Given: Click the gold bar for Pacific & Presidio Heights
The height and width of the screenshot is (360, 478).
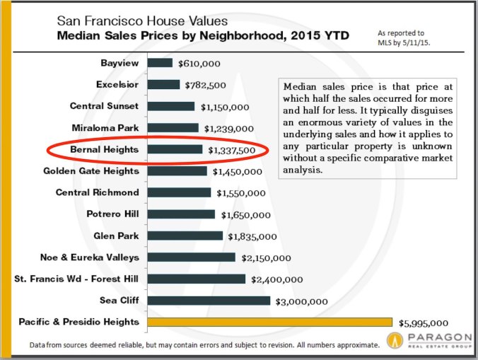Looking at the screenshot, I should click(x=270, y=322).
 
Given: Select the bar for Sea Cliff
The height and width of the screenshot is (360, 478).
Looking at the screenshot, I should click(x=209, y=301).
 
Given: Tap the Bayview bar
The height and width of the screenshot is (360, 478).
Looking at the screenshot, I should click(x=161, y=63).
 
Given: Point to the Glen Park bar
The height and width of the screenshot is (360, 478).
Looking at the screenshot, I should click(x=185, y=236).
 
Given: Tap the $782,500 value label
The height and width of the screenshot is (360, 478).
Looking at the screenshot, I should click(x=206, y=85).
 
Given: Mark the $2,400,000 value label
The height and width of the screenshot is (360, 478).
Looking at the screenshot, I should click(x=277, y=279).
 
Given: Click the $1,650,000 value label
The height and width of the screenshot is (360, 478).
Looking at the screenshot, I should click(x=243, y=214).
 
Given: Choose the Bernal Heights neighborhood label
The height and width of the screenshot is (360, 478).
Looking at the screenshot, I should click(x=104, y=149).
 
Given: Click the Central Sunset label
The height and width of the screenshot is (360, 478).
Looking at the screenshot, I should click(x=104, y=106).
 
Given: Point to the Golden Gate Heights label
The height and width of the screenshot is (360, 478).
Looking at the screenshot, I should click(x=91, y=170).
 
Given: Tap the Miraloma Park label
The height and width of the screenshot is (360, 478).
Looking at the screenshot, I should click(x=105, y=127).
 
